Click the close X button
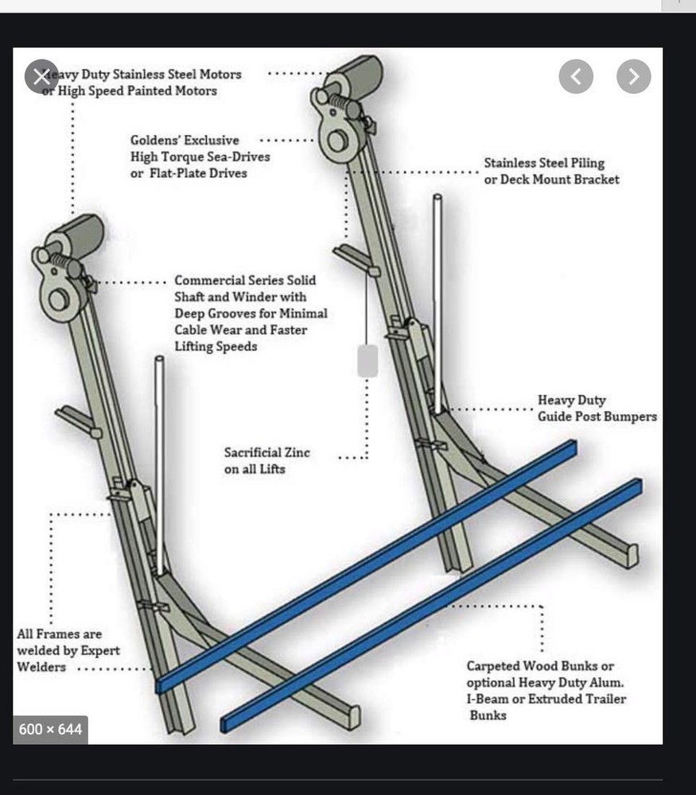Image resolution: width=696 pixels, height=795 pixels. click(x=41, y=76)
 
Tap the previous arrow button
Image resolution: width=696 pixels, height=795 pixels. click(x=576, y=76)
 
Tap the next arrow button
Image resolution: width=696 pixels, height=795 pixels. click(x=634, y=76)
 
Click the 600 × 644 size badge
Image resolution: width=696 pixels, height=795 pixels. click(x=50, y=729)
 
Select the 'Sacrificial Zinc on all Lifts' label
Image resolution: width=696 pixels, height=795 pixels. click(x=266, y=461)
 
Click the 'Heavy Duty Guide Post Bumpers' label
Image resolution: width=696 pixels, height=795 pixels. click(x=597, y=409)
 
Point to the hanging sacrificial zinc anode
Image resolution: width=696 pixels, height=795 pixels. click(x=367, y=360)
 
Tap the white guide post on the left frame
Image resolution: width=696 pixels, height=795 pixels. click(x=160, y=461)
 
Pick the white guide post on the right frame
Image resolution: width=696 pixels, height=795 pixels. click(x=437, y=302)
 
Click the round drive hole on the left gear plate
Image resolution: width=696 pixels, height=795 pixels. click(x=58, y=300)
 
